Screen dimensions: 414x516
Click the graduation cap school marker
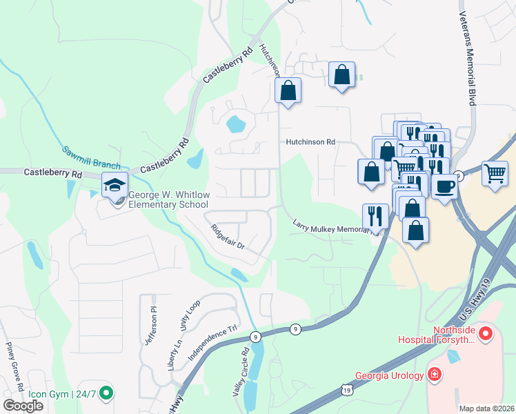pos(115,185)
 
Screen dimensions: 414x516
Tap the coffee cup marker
pos(445,186)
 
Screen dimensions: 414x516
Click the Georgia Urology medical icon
pos(435,375)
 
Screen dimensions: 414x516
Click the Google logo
pos(23,406)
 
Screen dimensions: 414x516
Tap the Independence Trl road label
pos(213,342)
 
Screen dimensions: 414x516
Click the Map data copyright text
pos(486,408)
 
